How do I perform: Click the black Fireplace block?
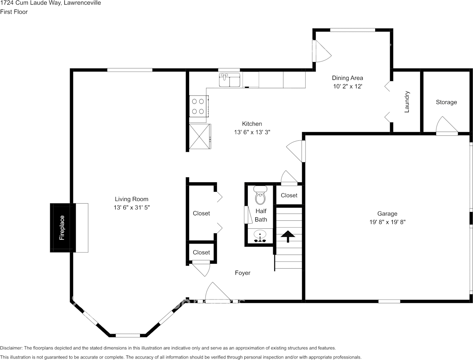pos(63,228)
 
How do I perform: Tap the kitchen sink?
pos(229,80)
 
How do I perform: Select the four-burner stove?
pos(199,107)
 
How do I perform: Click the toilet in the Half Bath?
pos(260,195)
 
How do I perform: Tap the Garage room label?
pos(387,213)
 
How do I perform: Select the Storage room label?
pos(446,102)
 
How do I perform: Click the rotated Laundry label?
pos(407,102)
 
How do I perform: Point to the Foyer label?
pos(242,273)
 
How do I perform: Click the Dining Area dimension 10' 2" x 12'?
pos(347,86)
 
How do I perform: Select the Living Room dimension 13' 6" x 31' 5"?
pos(132,207)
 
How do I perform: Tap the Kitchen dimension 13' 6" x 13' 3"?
pos(252,132)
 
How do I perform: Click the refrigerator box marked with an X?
pos(200,136)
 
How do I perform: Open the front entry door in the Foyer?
pos(218,293)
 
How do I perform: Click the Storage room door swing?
pos(447,126)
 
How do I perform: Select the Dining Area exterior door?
pos(322,51)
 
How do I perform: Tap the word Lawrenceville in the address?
pos(82,3)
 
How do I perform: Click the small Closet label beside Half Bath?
pos(289,195)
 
